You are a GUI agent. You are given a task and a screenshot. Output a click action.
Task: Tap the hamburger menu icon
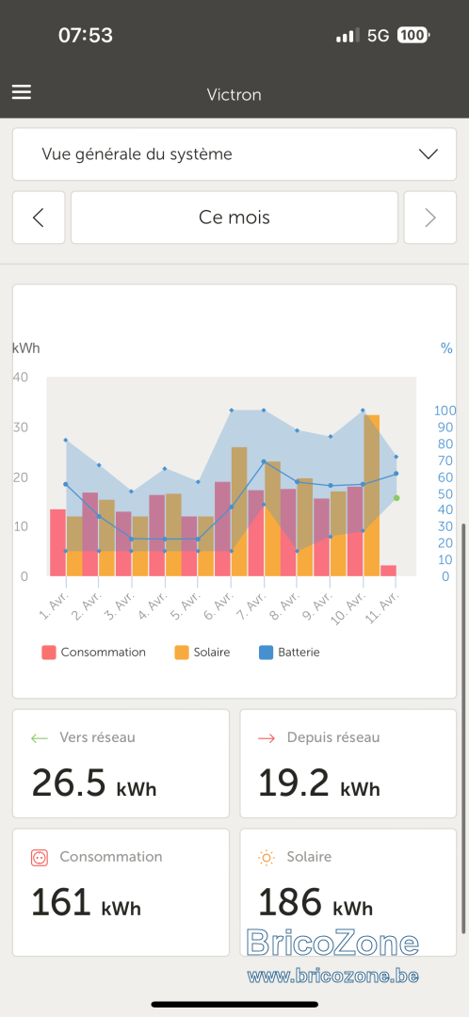pyautogui.click(x=22, y=92)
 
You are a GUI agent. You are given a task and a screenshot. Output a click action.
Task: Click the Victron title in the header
pyautogui.click(x=234, y=95)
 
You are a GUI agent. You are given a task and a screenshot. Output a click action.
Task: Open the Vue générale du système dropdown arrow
pyautogui.click(x=429, y=154)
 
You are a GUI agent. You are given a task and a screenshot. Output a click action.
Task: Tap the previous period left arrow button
pyautogui.click(x=39, y=218)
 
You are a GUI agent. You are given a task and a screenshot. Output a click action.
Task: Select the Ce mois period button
pyautogui.click(x=234, y=218)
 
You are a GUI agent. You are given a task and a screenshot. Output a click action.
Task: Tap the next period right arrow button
pyautogui.click(x=430, y=218)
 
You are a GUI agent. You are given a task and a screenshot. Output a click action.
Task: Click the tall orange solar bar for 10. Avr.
pyautogui.click(x=372, y=495)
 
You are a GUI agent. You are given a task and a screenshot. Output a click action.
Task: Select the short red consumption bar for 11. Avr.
pyautogui.click(x=389, y=571)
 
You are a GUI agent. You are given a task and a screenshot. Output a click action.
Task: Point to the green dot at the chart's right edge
pyautogui.click(x=396, y=498)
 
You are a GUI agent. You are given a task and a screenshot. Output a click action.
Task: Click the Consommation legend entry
pyautogui.click(x=94, y=653)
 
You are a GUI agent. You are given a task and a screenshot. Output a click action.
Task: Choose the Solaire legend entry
pyautogui.click(x=202, y=653)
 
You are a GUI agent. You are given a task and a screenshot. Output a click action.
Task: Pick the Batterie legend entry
pyautogui.click(x=289, y=653)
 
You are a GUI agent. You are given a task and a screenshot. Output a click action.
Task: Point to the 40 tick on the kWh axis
pyautogui.click(x=20, y=377)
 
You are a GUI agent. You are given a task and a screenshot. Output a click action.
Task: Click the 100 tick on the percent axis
pyautogui.click(x=445, y=411)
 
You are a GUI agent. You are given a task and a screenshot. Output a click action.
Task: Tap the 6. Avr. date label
pyautogui.click(x=220, y=601)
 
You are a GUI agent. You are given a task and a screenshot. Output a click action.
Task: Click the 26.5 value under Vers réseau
pyautogui.click(x=68, y=783)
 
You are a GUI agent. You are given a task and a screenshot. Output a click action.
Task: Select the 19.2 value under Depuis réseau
pyautogui.click(x=295, y=783)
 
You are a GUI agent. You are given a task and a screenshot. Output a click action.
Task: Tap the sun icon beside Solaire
pyautogui.click(x=266, y=858)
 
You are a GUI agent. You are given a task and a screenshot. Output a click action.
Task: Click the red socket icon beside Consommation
pyautogui.click(x=40, y=858)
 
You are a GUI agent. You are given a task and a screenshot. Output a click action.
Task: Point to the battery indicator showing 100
pyautogui.click(x=413, y=35)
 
